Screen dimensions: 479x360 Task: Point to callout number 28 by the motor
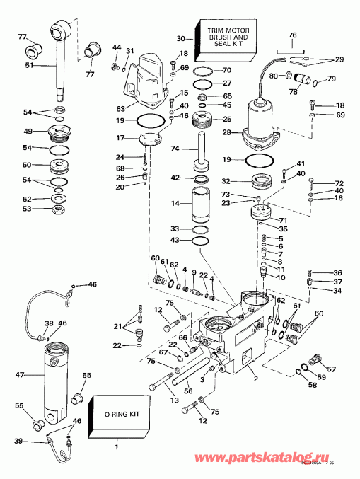coord(226,133)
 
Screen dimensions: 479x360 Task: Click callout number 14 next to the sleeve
coord(174,203)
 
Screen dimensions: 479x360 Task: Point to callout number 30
coord(180,38)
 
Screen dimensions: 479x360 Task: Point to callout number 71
coord(284,221)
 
